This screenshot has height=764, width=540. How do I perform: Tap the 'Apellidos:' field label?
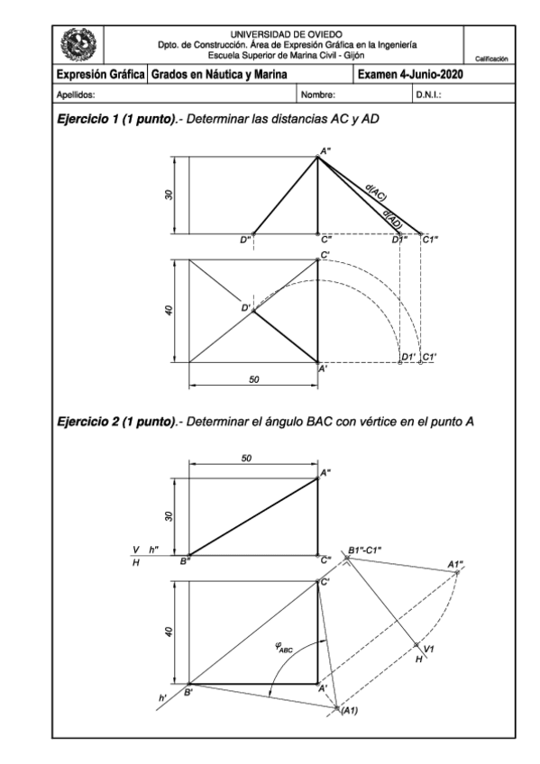(x=76, y=93)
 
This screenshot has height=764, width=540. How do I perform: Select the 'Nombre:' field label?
(x=317, y=93)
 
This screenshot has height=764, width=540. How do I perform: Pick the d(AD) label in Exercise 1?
(x=393, y=216)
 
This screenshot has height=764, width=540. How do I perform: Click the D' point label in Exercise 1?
(x=245, y=308)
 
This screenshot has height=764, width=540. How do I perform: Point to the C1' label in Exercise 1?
(x=429, y=357)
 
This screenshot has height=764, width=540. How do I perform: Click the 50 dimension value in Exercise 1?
(x=254, y=380)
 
